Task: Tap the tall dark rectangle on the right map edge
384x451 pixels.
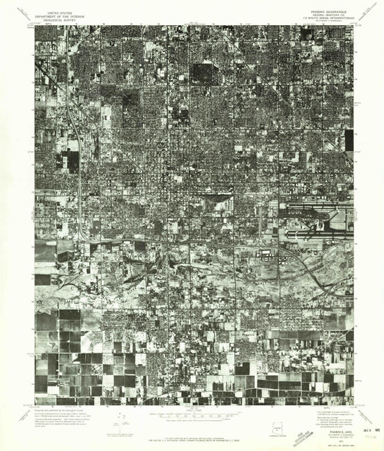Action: [349, 140]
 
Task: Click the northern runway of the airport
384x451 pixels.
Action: [317, 211]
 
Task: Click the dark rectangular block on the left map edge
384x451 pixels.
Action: [72, 160]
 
